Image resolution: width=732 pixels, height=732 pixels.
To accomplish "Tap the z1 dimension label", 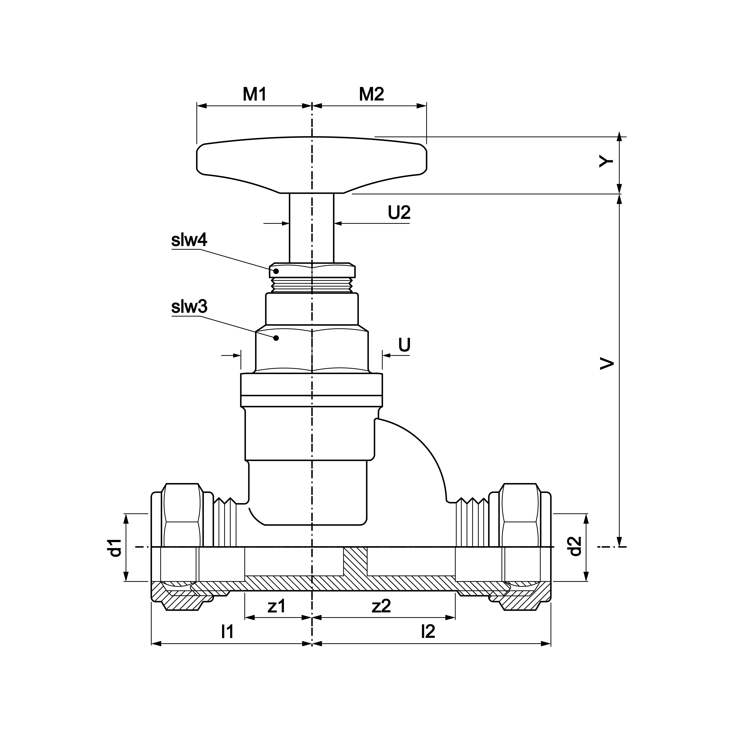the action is click(276, 607).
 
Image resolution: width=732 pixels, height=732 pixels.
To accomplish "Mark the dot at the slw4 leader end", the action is click(276, 271).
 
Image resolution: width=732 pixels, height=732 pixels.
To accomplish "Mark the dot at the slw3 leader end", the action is click(276, 338).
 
